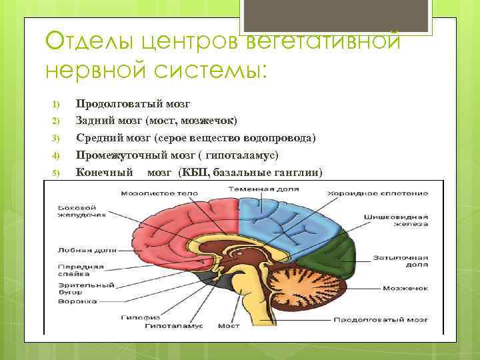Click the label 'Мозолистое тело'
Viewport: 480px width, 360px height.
coord(159,193)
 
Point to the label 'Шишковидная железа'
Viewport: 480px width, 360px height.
coord(390,221)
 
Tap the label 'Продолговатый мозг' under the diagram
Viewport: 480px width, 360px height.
coord(389,319)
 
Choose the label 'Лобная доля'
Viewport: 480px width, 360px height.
coord(77,251)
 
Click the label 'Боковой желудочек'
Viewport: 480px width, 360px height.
coord(77,211)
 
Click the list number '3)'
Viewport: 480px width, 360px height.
coord(56,138)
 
